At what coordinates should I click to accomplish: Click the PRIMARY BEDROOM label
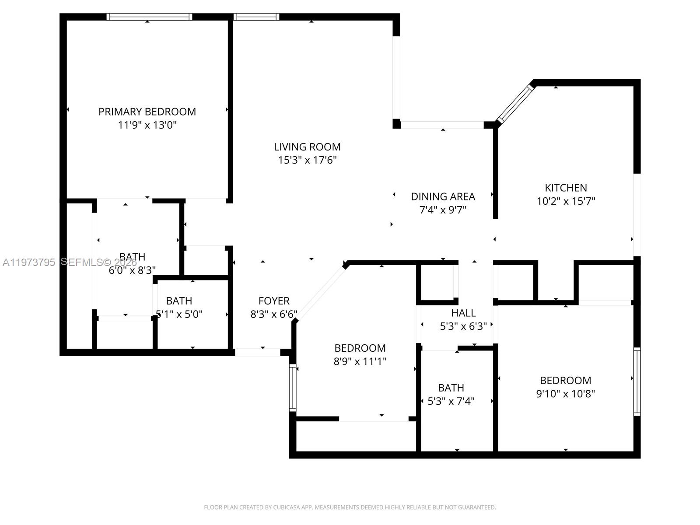pyautogui.click(x=147, y=112)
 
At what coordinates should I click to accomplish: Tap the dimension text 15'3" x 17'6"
pyautogui.click(x=307, y=160)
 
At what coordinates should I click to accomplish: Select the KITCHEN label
pyautogui.click(x=566, y=188)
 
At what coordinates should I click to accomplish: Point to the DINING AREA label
pyautogui.click(x=443, y=196)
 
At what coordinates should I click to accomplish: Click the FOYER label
pyautogui.click(x=274, y=301)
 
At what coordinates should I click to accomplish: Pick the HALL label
pyautogui.click(x=463, y=313)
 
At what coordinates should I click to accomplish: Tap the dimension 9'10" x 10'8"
pyautogui.click(x=565, y=394)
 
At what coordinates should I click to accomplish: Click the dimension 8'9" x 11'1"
pyautogui.click(x=360, y=361)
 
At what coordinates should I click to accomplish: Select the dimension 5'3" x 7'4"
pyautogui.click(x=451, y=401)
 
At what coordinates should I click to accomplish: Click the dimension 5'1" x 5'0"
pyautogui.click(x=179, y=314)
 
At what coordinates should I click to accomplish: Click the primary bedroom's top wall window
pyautogui.click(x=149, y=17)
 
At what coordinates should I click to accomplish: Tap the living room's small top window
pyautogui.click(x=256, y=17)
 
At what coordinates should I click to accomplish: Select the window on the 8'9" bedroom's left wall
pyautogui.click(x=293, y=388)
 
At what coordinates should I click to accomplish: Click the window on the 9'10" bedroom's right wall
pyautogui.click(x=637, y=381)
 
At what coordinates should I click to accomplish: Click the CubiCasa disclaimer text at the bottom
pyautogui.click(x=350, y=507)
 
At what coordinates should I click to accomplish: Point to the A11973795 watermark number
pyautogui.click(x=29, y=262)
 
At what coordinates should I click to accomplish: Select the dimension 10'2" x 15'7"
pyautogui.click(x=566, y=201)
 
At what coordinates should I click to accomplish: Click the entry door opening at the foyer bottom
pyautogui.click(x=257, y=352)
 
